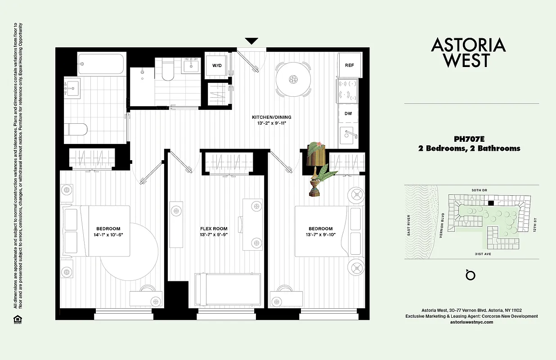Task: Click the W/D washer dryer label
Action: (x=217, y=66)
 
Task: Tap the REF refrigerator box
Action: (x=350, y=65)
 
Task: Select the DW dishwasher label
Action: (x=349, y=113)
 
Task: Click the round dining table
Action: (x=293, y=79)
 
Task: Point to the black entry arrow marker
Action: (x=251, y=41)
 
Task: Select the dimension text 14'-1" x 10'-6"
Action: (x=108, y=234)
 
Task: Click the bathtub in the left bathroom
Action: (x=101, y=64)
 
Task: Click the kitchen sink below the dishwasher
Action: (x=349, y=134)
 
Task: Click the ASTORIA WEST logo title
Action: (x=468, y=53)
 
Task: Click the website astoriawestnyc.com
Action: (x=471, y=322)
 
